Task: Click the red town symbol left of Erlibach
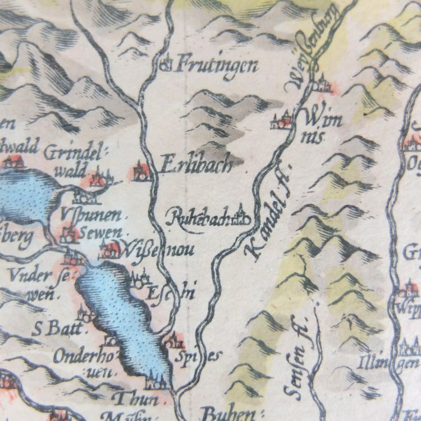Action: [141, 171]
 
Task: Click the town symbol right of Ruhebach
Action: [242, 216]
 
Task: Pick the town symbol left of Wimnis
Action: [281, 121]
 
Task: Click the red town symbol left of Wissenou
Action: [107, 249]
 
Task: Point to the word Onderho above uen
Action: [79, 356]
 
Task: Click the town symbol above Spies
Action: [174, 340]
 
